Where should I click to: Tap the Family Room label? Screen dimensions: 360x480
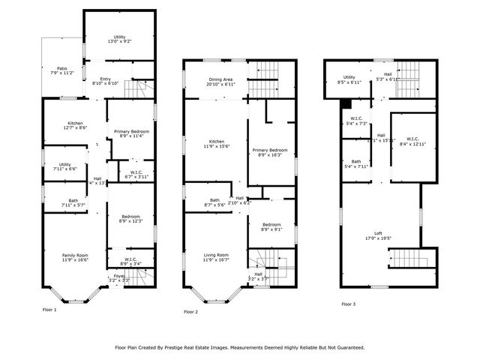tap(74, 256)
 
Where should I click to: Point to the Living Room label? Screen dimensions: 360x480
tap(216, 255)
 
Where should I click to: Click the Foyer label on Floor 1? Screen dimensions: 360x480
tap(119, 275)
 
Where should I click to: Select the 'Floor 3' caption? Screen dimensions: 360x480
tap(349, 304)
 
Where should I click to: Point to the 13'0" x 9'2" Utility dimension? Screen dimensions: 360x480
tap(120, 41)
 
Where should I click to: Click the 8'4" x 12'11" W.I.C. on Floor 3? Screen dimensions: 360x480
tap(412, 142)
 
